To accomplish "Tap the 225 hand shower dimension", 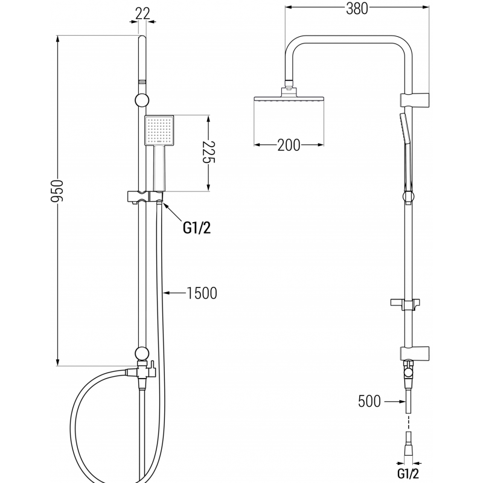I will (208, 155).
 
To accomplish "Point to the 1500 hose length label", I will (202, 293).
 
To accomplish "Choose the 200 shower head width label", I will (289, 145).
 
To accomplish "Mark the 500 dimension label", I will (369, 401).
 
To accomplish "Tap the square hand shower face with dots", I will (159, 130).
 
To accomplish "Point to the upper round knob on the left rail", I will (142, 100).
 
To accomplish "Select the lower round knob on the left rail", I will (142, 354).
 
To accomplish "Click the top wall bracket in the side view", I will (415, 99).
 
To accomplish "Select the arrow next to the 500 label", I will (394, 401).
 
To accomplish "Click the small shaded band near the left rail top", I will (142, 80).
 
